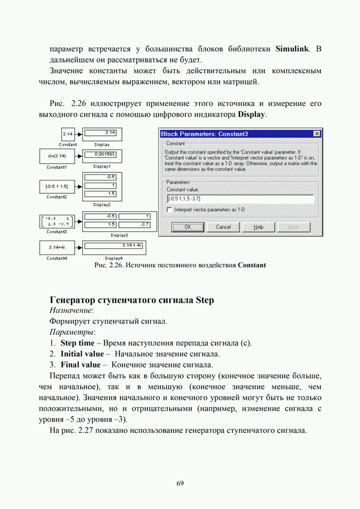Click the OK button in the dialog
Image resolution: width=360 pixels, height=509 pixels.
(188, 227)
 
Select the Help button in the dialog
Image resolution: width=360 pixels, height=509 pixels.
(259, 227)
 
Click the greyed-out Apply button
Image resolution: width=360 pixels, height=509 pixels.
(294, 227)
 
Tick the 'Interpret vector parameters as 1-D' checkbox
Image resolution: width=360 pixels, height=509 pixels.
(170, 210)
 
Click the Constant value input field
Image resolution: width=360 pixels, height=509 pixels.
(240, 198)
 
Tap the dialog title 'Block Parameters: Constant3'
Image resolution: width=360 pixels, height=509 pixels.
(205, 134)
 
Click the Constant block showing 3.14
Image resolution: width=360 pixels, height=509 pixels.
(67, 134)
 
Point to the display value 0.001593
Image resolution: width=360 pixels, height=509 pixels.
(104, 154)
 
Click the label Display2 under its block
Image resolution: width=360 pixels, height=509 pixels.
(102, 204)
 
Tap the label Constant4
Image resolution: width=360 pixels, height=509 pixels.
(57, 258)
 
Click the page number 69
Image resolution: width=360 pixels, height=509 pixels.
(180, 483)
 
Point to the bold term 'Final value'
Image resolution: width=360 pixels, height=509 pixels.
(81, 365)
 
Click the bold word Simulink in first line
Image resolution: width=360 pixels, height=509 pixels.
(293, 49)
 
